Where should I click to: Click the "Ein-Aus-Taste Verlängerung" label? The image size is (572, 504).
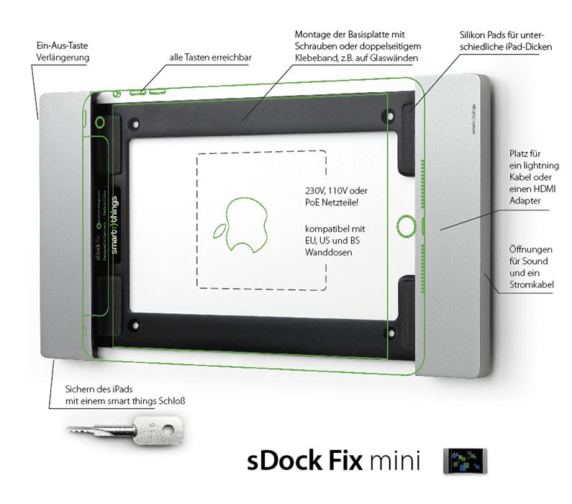coord(60,50)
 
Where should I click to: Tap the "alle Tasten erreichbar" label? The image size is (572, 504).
coord(211,57)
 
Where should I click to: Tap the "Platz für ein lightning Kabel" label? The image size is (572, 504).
coord(530,178)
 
